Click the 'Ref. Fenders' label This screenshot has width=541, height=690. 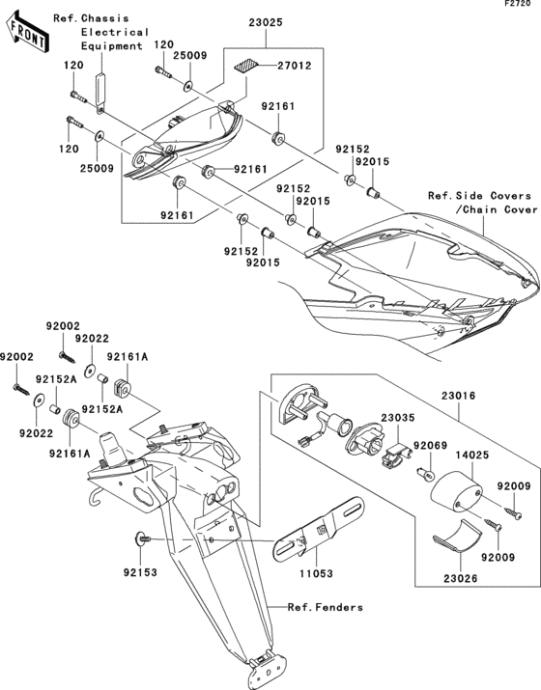point(327,607)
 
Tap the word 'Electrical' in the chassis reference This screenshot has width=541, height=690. point(115,32)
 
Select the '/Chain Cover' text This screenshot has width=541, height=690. point(481,209)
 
